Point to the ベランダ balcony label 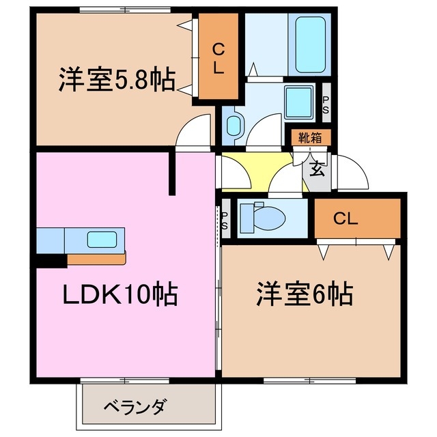point(135,407)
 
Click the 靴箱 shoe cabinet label point(311,138)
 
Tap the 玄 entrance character point(317,169)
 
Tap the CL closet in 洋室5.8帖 point(218,59)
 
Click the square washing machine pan point(298,102)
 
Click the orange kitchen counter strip point(96,259)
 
